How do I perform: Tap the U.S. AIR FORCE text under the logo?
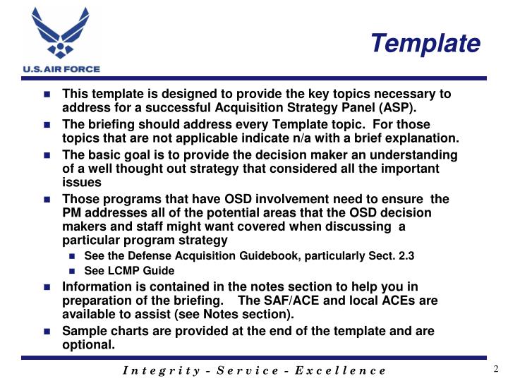[61, 69]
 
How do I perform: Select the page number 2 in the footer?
[495, 369]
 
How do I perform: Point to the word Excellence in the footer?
[341, 370]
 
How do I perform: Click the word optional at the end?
[87, 344]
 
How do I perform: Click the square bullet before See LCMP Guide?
[72, 271]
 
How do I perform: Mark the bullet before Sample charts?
[47, 332]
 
